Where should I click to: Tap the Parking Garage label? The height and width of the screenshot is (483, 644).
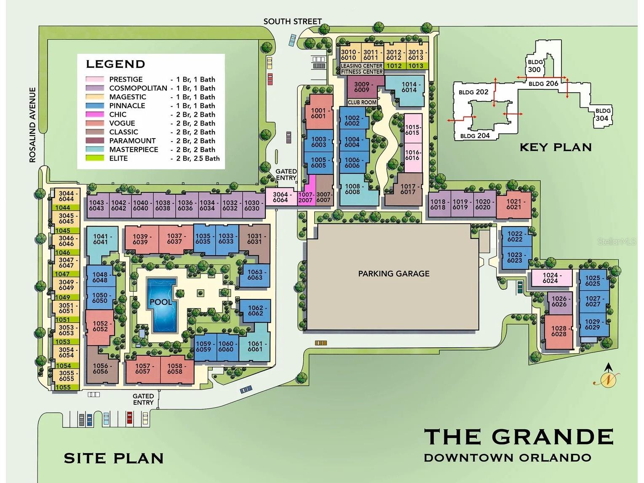(393, 274)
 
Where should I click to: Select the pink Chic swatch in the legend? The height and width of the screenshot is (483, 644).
(95, 115)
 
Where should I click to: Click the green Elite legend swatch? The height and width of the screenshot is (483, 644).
(95, 158)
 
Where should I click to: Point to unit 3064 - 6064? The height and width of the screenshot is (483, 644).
(281, 197)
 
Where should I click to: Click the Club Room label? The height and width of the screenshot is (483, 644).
(362, 102)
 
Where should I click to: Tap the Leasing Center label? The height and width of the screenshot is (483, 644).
(361, 66)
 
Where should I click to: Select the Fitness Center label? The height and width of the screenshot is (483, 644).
(361, 72)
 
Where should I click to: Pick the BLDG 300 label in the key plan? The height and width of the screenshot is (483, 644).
(535, 66)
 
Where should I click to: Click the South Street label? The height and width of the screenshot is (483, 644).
(292, 21)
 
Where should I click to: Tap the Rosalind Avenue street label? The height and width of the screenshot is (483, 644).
(32, 125)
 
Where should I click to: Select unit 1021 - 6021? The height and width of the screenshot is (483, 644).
(513, 204)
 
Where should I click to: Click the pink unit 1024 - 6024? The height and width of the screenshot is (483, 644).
(550, 278)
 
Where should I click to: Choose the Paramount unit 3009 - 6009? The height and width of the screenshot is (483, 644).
(361, 87)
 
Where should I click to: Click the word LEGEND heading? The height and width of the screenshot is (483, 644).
(115, 64)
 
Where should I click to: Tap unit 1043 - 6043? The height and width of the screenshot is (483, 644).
(96, 205)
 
